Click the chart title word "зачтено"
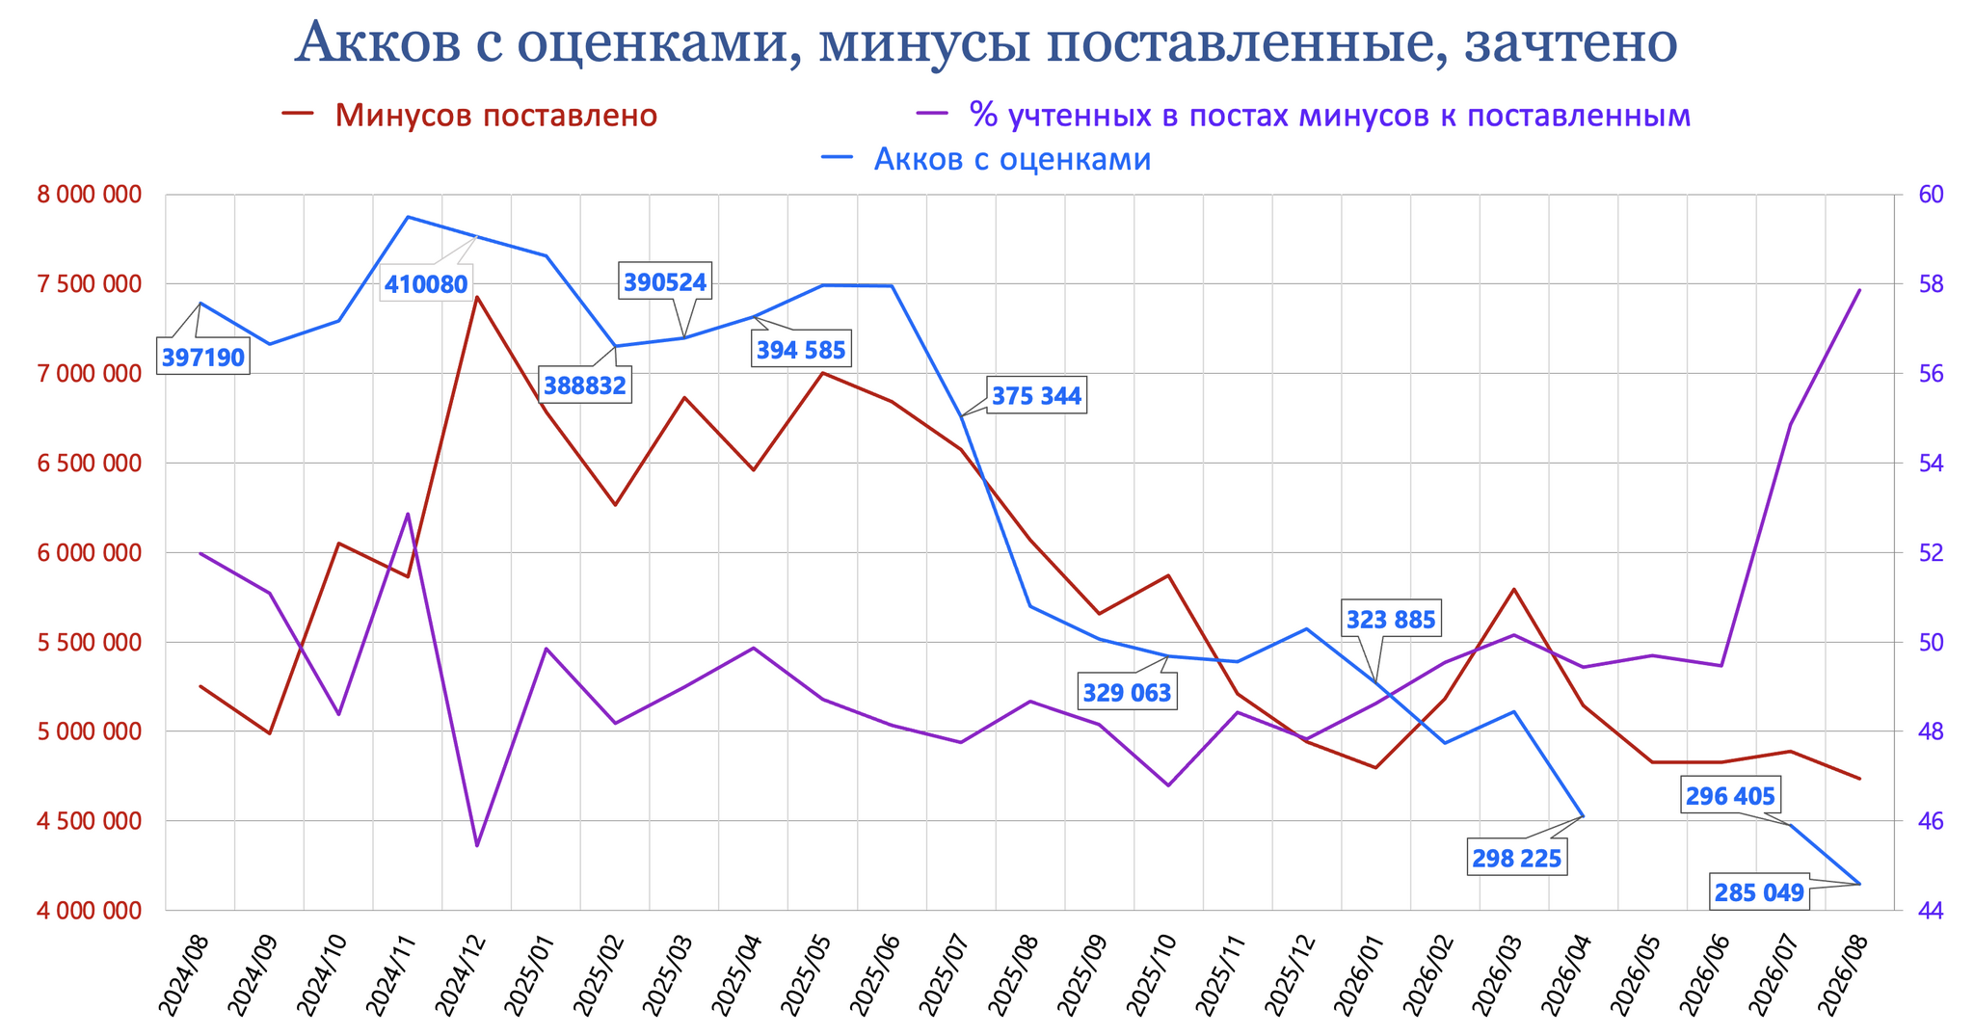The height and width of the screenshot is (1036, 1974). coord(1569,42)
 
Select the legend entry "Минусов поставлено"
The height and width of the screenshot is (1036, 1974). coord(469,115)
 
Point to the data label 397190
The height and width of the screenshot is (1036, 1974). coord(203,359)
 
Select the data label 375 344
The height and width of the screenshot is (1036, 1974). coord(1036,396)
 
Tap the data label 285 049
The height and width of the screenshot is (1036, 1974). coord(1759,893)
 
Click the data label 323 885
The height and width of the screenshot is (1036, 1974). coord(1391,620)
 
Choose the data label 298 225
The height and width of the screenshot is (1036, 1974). coord(1516,858)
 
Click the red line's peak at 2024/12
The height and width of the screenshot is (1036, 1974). coord(477,297)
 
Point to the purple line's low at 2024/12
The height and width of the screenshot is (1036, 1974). coord(477,846)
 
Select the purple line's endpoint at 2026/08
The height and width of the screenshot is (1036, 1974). coord(1859,289)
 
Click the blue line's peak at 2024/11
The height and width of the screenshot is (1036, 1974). coord(408,217)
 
